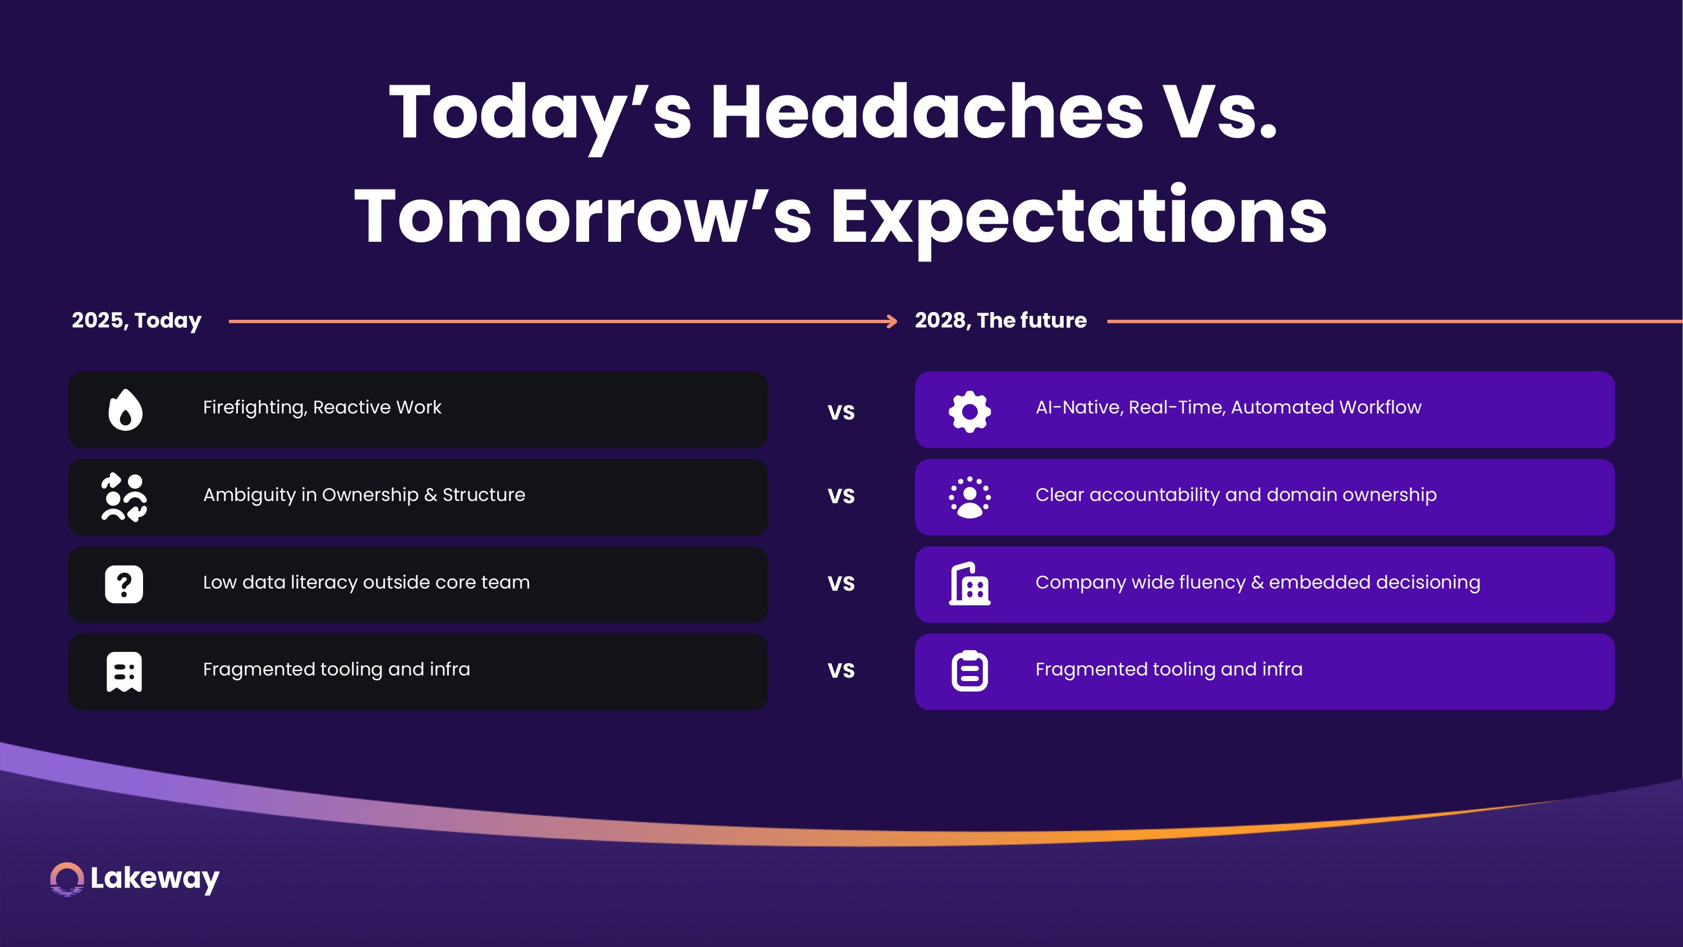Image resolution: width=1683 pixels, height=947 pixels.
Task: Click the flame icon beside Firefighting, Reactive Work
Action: point(125,410)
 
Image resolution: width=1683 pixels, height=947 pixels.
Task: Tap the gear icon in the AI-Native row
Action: point(969,411)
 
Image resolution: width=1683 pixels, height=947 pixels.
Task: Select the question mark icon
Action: point(124,584)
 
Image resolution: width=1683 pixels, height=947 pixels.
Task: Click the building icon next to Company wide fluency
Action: point(969,583)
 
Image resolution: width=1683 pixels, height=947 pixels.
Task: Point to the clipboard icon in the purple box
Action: point(969,670)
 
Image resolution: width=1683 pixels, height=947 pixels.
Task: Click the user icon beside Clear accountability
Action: point(969,498)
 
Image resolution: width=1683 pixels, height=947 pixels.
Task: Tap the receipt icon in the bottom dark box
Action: point(124,671)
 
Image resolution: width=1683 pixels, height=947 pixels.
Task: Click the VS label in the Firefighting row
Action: point(841,412)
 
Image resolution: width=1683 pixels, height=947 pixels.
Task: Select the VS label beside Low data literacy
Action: point(841,583)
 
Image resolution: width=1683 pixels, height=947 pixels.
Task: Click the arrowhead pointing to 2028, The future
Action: point(892,321)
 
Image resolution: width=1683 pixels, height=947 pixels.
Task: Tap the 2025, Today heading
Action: point(136,321)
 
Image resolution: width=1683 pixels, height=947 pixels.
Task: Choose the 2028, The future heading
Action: point(1001,320)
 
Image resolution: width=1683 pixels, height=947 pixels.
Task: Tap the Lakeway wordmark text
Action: point(155,879)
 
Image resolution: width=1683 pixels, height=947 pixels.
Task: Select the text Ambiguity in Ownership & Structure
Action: point(364,495)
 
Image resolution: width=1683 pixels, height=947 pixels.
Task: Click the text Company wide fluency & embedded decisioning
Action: point(1258,583)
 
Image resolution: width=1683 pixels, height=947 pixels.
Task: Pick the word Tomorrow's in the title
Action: point(583,215)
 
